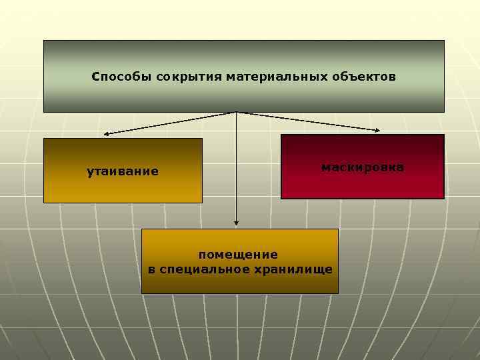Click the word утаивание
coord(123,172)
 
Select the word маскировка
coord(362,167)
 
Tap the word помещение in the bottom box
coord(238,255)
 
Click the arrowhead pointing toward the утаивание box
coord(107,134)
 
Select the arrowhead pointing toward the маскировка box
coord(377,129)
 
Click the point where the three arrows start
coord(237,112)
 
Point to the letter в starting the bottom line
coord(151,269)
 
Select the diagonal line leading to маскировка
coord(307,121)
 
